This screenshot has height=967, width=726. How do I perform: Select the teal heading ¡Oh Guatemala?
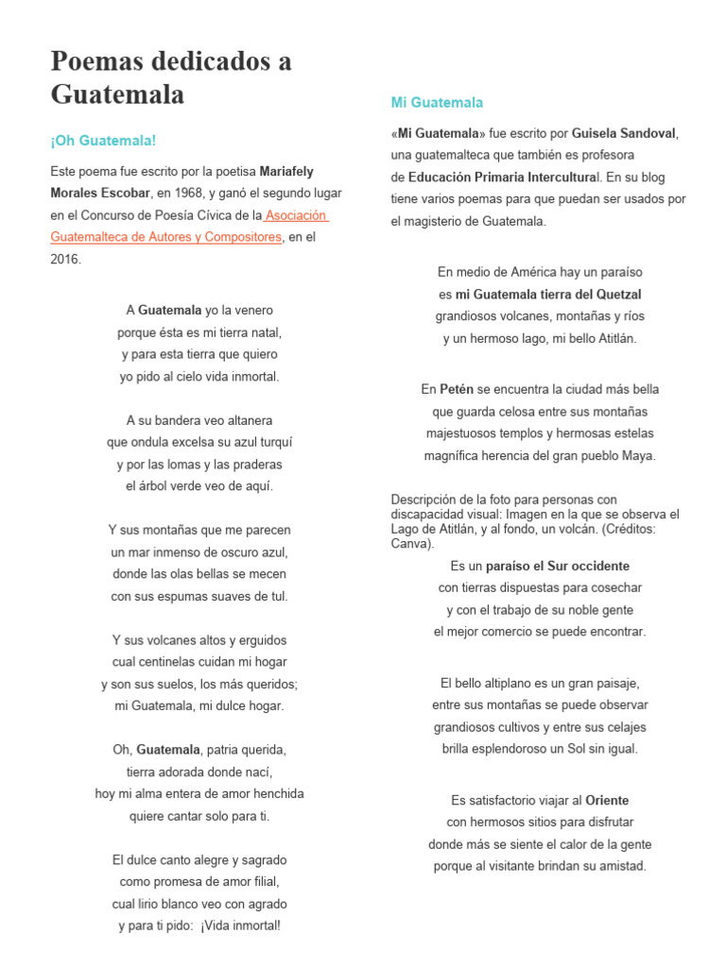click(x=102, y=140)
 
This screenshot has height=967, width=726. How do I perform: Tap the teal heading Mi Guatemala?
click(x=437, y=102)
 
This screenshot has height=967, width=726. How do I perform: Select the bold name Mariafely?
click(x=287, y=171)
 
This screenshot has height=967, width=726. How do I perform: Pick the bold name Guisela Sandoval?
click(x=625, y=133)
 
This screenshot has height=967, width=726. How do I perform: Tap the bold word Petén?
click(x=456, y=389)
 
